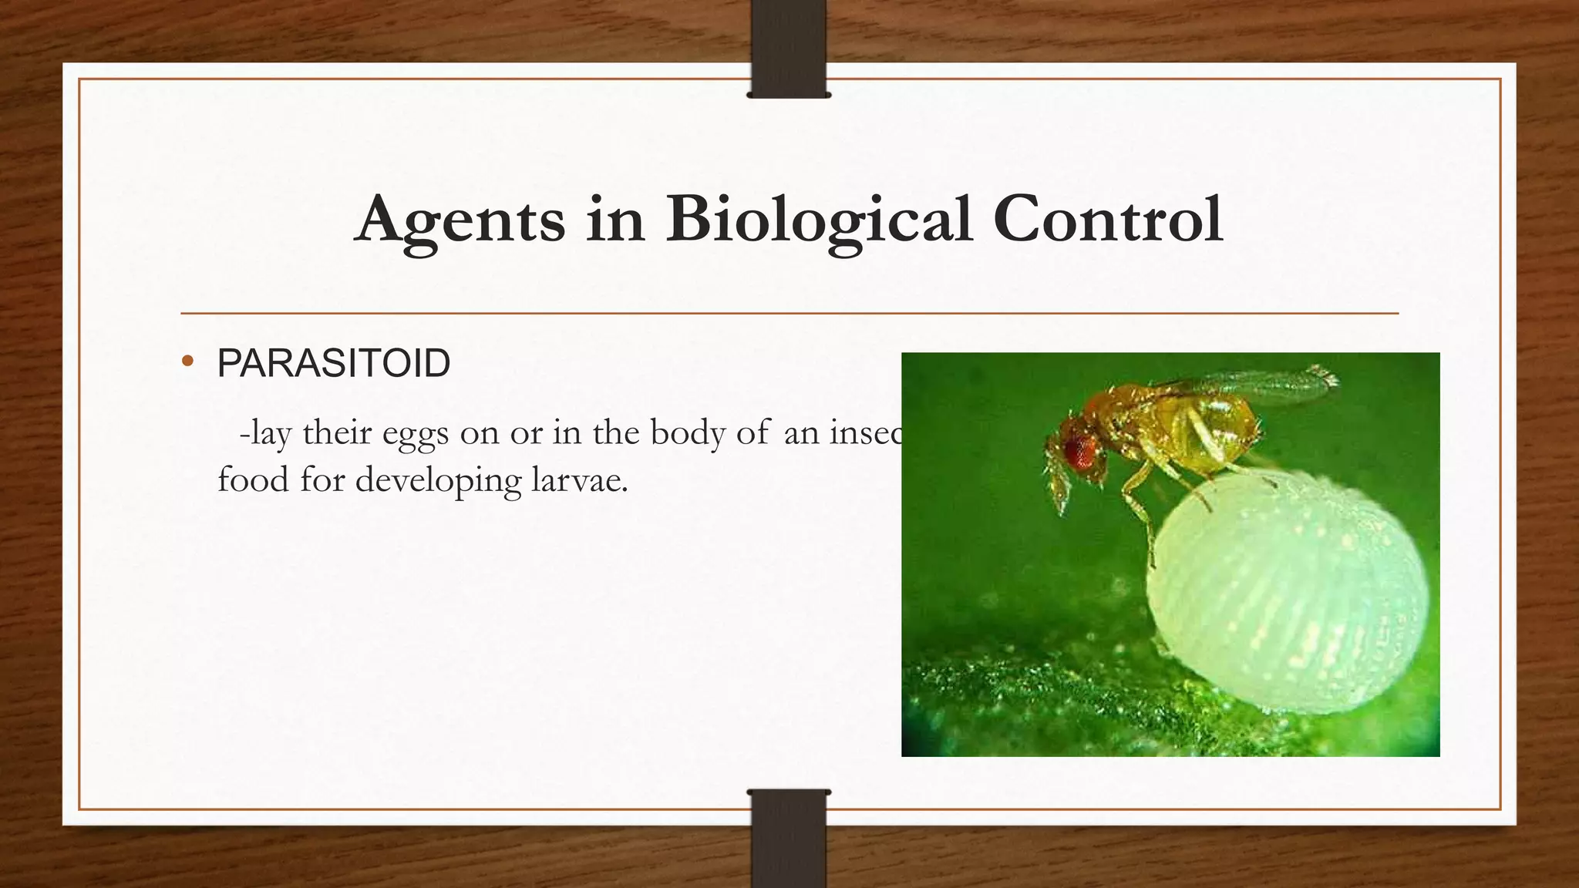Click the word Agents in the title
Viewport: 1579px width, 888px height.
[460, 220]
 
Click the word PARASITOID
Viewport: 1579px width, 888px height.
[334, 363]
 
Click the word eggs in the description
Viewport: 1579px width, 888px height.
[415, 433]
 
